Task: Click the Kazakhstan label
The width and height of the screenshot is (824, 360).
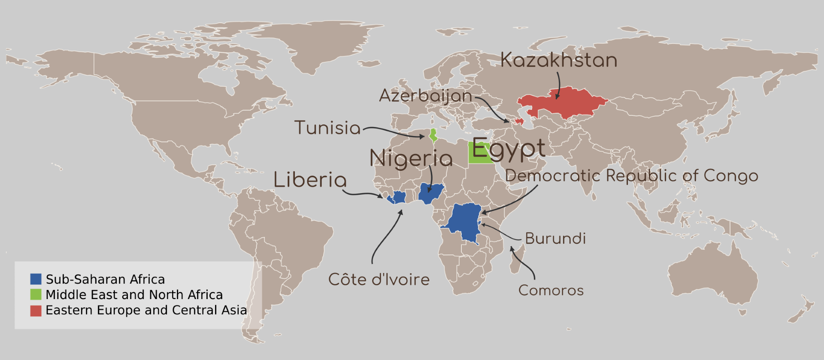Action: (558, 60)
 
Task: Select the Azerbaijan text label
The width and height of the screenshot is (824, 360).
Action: (425, 96)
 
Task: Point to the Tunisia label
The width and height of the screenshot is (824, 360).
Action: (327, 128)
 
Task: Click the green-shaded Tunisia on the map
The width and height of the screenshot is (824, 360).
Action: (433, 136)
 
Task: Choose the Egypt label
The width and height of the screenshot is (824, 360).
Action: (509, 150)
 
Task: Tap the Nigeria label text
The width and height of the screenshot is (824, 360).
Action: (411, 159)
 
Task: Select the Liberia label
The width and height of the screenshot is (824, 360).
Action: (310, 180)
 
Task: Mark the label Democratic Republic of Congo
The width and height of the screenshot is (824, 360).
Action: (631, 176)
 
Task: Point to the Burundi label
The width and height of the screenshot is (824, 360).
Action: (555, 239)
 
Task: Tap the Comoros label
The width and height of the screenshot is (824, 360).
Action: (551, 290)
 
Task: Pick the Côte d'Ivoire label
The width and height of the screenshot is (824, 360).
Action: (379, 280)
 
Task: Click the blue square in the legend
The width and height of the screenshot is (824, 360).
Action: (36, 279)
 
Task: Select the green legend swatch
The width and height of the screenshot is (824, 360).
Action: (36, 295)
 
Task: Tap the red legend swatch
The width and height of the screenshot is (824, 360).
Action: (36, 310)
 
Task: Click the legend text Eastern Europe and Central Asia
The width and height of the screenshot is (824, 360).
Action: (146, 310)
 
